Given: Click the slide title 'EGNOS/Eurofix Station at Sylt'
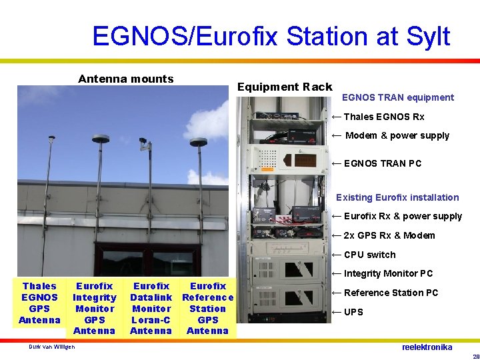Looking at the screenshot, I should [x=271, y=36].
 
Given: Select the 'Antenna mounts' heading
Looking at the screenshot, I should [x=125, y=79].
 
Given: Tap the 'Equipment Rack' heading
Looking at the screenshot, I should [x=285, y=87].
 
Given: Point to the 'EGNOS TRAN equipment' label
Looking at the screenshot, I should [x=397, y=97].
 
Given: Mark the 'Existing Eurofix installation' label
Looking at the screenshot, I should [x=397, y=197].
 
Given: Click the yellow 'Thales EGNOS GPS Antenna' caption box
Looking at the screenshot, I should [x=39, y=303].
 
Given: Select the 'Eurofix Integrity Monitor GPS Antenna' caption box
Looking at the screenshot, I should [x=94, y=308].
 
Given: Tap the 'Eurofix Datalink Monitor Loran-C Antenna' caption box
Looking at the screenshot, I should [x=151, y=308].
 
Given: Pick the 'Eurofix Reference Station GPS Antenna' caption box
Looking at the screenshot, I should [x=207, y=308].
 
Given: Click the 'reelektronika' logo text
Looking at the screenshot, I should [x=427, y=347].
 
